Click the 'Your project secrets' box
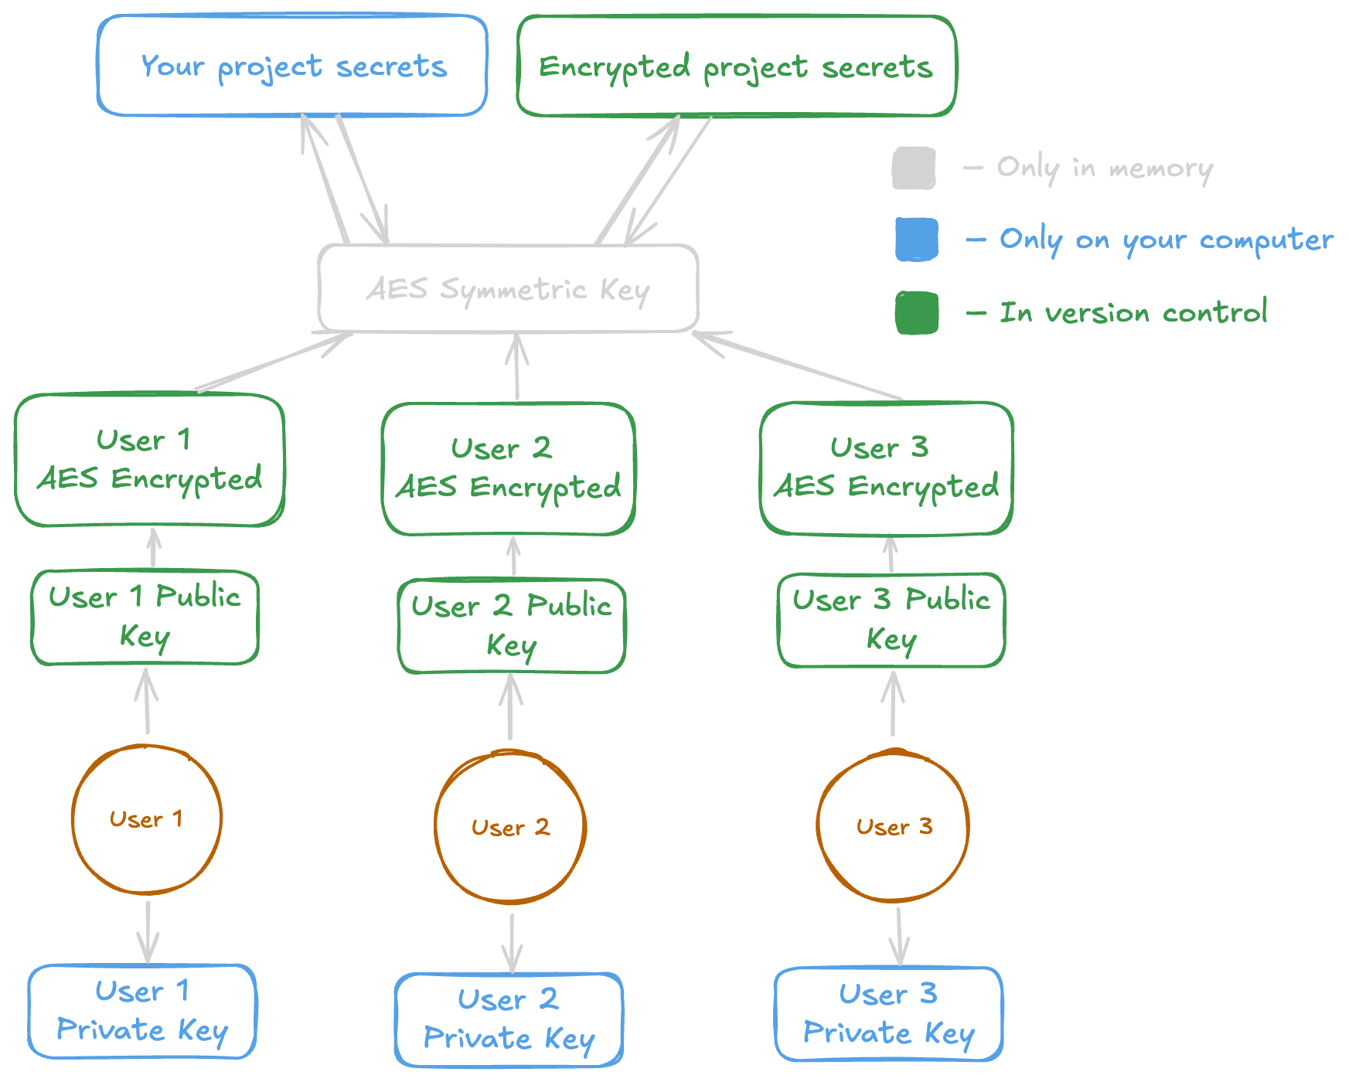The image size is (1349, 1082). pyautogui.click(x=292, y=66)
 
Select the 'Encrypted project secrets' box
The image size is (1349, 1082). pyautogui.click(x=736, y=66)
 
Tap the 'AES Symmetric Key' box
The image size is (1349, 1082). pyautogui.click(x=508, y=289)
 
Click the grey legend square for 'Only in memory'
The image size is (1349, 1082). pyautogui.click(x=914, y=168)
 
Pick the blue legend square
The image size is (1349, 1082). pyautogui.click(x=916, y=240)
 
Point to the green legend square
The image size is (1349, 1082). pyautogui.click(x=917, y=313)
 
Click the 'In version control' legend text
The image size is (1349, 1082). pyautogui.click(x=1133, y=313)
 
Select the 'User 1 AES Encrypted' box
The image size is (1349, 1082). pyautogui.click(x=150, y=460)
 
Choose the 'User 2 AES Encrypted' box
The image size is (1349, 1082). pyautogui.click(x=509, y=468)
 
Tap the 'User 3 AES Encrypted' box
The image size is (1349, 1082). pyautogui.click(x=887, y=468)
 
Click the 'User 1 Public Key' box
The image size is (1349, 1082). pyautogui.click(x=145, y=617)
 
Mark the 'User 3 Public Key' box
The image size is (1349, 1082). pyautogui.click(x=891, y=620)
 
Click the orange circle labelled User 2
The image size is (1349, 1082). pyautogui.click(x=510, y=827)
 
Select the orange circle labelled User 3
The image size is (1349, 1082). pyautogui.click(x=894, y=826)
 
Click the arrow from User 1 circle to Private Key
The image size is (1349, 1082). pyautogui.click(x=148, y=931)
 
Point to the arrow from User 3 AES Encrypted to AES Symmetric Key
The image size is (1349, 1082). pyautogui.click(x=796, y=366)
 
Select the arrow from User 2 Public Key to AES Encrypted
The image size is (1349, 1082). pyautogui.click(x=513, y=556)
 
